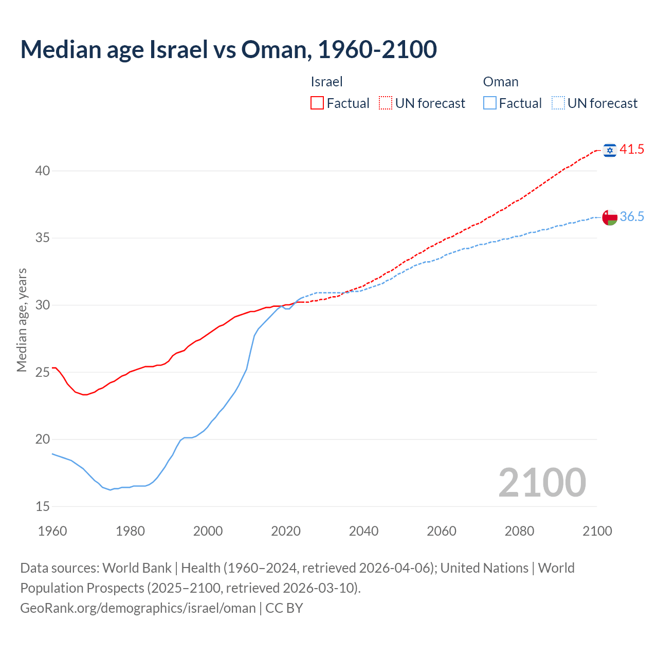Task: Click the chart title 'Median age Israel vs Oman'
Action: (x=228, y=49)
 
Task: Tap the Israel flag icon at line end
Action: (x=610, y=150)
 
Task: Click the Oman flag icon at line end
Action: (x=610, y=217)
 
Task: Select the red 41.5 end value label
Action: (x=632, y=150)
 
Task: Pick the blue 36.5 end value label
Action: (x=632, y=217)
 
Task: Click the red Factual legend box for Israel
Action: (x=317, y=103)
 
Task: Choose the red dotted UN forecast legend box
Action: (x=386, y=103)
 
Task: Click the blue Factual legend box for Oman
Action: (x=490, y=103)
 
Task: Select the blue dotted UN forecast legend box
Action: (x=558, y=103)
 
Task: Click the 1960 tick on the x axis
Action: (x=52, y=531)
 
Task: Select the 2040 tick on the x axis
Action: (x=363, y=531)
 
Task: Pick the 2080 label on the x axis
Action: (x=519, y=531)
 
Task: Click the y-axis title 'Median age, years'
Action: (x=22, y=320)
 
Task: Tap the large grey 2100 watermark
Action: (x=542, y=482)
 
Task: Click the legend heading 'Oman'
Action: (x=501, y=82)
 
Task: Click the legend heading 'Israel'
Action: (x=326, y=82)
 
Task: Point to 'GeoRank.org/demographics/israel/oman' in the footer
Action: (x=138, y=608)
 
